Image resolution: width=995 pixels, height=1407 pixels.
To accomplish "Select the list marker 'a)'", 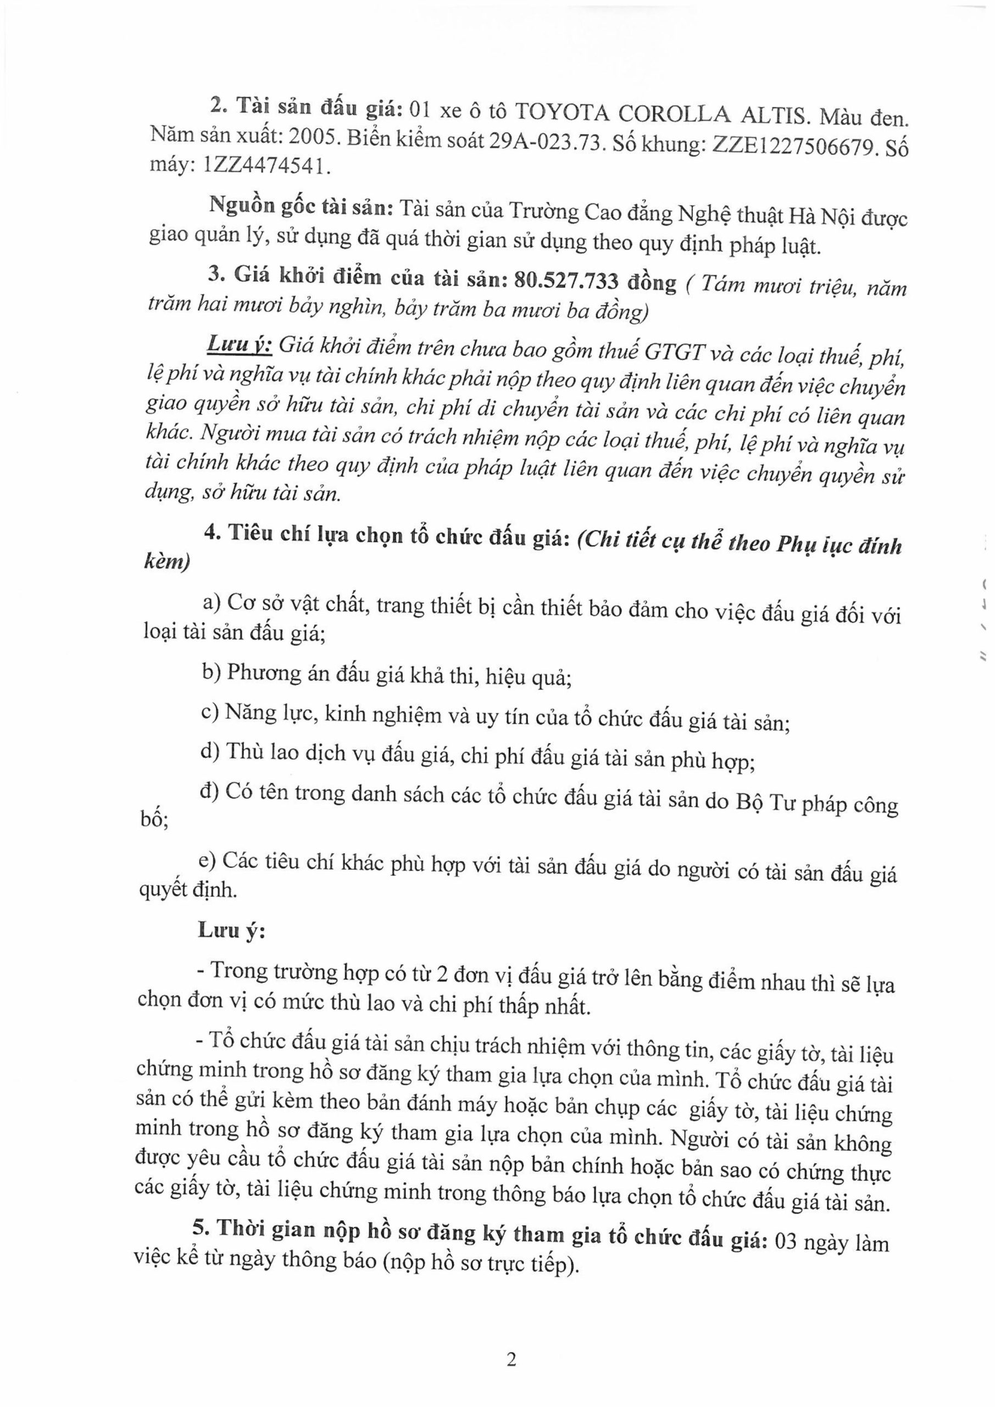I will (212, 603).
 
